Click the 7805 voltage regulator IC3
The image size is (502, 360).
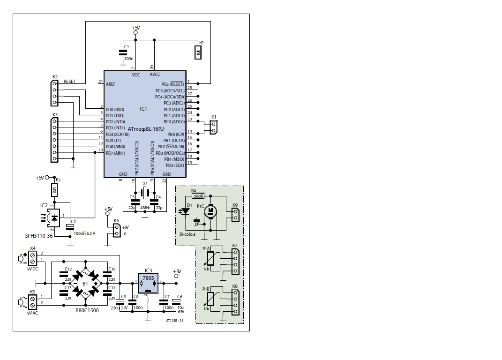click(148, 282)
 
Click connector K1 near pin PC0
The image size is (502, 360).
click(214, 127)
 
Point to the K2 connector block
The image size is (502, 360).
click(54, 93)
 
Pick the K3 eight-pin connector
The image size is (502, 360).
click(54, 140)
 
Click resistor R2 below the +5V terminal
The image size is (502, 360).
click(54, 190)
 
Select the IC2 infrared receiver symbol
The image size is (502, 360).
click(55, 218)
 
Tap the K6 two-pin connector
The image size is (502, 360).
click(117, 230)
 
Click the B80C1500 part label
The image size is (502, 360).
click(87, 310)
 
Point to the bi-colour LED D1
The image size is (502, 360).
click(186, 211)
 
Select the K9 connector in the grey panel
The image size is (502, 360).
click(235, 214)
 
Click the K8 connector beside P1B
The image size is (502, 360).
click(235, 303)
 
